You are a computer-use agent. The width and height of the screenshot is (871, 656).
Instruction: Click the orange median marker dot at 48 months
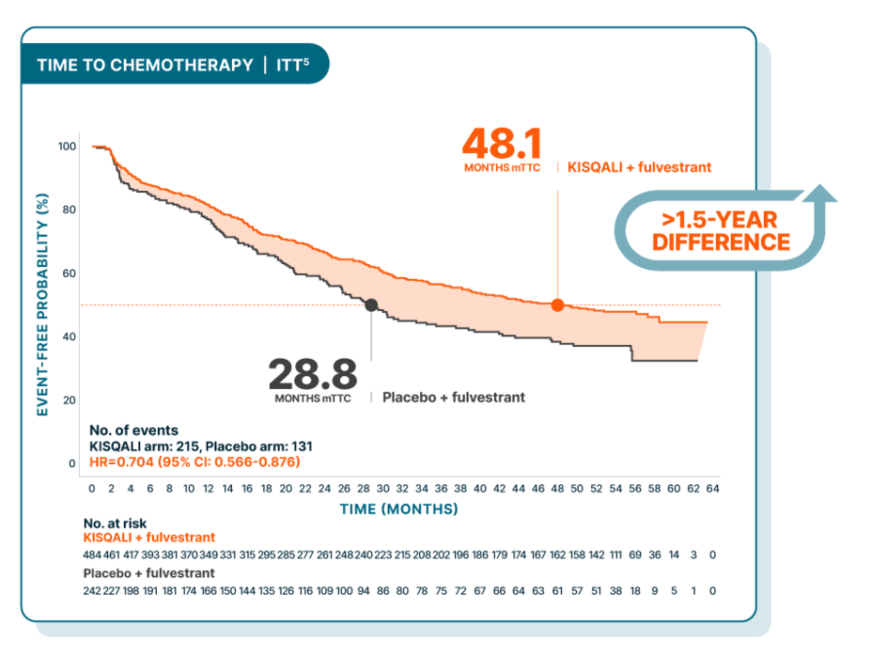tap(557, 305)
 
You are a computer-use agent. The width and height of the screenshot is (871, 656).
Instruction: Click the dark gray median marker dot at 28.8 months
tap(371, 305)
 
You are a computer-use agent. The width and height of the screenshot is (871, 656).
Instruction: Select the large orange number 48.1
tap(502, 145)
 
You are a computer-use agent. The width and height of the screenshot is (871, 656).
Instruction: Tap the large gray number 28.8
tap(312, 374)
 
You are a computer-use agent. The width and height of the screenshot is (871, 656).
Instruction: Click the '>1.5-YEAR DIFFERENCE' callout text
tap(721, 230)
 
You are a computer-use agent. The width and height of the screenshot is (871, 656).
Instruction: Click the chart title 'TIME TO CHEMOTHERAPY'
tap(145, 65)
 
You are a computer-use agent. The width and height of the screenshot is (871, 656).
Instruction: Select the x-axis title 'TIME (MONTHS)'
tap(399, 509)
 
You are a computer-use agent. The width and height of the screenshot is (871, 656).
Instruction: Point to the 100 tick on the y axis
tap(67, 147)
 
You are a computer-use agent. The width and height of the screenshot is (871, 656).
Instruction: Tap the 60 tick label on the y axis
tap(69, 273)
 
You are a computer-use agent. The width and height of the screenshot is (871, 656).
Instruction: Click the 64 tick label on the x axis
tap(712, 490)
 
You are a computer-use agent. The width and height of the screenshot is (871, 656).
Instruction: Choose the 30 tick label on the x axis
tap(382, 490)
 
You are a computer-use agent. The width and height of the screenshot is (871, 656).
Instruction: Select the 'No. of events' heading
tap(133, 430)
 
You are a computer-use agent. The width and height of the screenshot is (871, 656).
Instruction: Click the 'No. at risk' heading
tap(115, 523)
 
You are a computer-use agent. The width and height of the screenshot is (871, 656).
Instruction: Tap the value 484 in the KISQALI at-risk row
tap(92, 554)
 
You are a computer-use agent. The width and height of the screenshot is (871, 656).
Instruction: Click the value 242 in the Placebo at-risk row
tap(92, 590)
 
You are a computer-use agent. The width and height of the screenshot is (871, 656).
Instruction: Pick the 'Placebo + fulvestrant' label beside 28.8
tap(453, 398)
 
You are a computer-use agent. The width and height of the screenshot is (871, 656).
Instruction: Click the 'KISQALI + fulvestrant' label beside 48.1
tap(640, 167)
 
